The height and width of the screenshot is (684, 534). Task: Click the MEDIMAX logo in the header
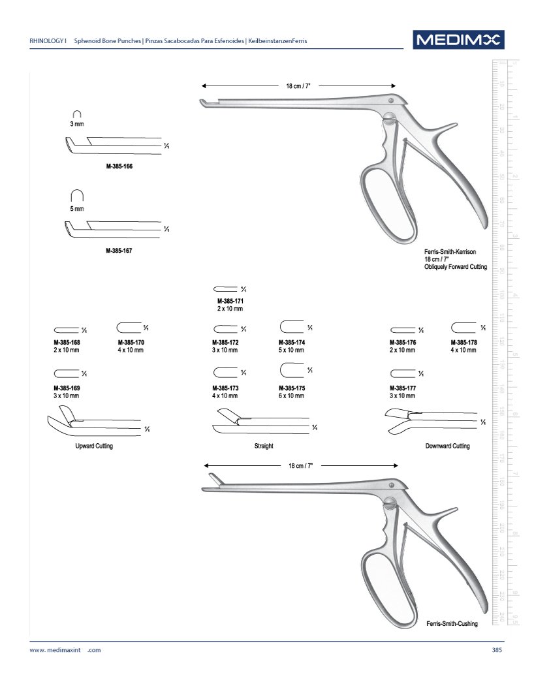458,40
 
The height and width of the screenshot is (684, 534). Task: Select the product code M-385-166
119,166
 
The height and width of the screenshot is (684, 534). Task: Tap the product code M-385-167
119,251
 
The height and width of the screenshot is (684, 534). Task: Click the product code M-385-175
292,388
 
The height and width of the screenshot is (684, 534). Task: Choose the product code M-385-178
463,343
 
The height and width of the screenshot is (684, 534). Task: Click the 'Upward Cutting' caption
94,446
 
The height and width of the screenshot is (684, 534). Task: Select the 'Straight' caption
264,446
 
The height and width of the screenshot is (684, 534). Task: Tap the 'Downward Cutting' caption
447,446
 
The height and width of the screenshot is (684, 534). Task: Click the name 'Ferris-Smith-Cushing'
452,624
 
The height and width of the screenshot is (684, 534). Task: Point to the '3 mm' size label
77,124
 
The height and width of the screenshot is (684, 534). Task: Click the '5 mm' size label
77,208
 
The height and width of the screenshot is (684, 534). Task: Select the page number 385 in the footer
497,650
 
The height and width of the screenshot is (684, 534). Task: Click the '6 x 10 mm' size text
292,396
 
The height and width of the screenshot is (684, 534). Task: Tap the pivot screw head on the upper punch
390,101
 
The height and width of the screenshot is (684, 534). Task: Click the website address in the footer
65,650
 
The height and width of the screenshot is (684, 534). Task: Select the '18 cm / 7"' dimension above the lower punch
301,465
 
